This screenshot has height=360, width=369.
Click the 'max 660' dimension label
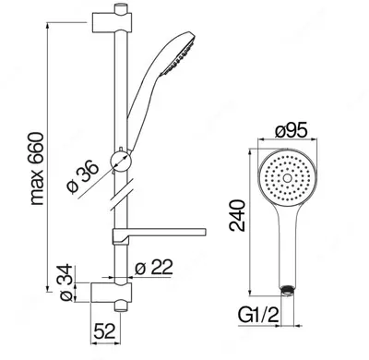coord(38,169)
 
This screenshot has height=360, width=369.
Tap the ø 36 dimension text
coord(83,177)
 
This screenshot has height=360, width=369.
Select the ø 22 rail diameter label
coord(154,268)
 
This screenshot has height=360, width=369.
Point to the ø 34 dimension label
coord(66,282)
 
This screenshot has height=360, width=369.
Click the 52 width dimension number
coord(104,330)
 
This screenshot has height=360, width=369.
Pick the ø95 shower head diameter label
coord(291,131)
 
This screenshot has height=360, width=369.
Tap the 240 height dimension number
coord(237,215)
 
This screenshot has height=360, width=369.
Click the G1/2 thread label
coord(258,315)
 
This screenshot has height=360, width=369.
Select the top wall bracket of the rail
coord(113,22)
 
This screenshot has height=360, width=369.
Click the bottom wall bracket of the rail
coord(112,293)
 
